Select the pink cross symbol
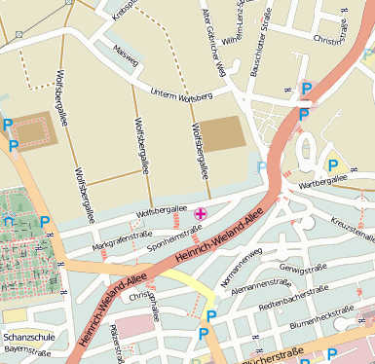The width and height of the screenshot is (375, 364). (x=202, y=213)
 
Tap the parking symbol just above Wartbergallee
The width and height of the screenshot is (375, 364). (x=333, y=164)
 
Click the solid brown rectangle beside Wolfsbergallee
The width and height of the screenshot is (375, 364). (x=224, y=133)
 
